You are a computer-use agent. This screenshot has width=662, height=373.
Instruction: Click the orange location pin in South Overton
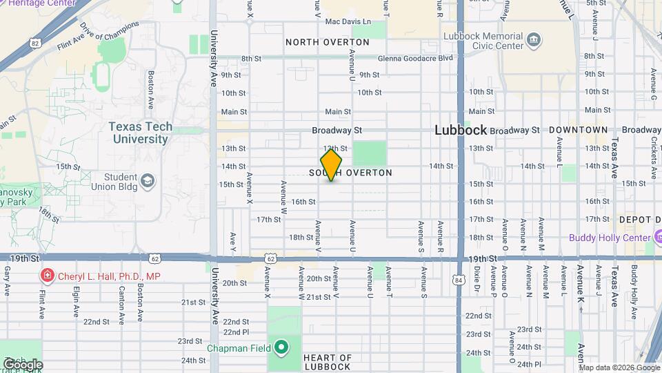[x=331, y=165]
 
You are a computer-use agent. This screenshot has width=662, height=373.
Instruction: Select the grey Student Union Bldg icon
[x=148, y=181]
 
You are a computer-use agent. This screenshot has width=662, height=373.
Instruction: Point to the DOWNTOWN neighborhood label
[x=578, y=130]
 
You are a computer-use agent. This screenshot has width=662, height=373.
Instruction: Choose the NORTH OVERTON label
[x=328, y=42]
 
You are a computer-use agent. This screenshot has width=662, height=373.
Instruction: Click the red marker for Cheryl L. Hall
[x=48, y=276]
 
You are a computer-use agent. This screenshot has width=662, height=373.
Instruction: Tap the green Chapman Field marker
[x=281, y=347]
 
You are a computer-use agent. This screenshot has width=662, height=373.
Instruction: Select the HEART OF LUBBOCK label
[x=327, y=362]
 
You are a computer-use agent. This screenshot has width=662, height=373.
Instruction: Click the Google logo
[x=23, y=364]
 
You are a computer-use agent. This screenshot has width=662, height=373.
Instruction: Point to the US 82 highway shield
[x=34, y=43]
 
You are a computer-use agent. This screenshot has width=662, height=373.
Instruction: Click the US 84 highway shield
[x=459, y=280]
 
